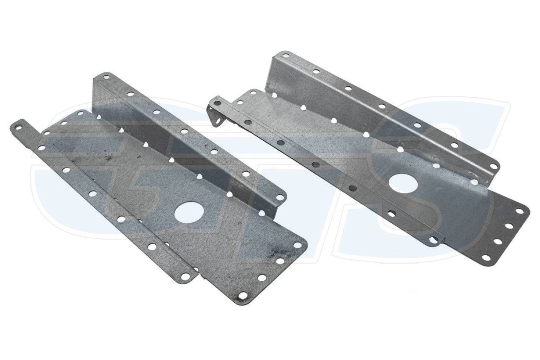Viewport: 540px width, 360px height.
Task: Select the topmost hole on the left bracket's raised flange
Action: click(x=105, y=78)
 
